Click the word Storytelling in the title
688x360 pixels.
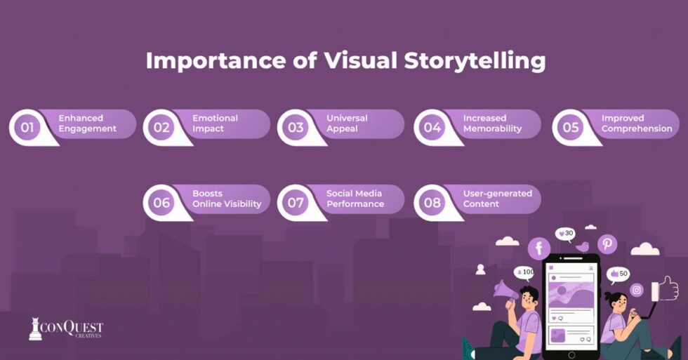coord(475,61)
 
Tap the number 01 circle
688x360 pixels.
coord(27,128)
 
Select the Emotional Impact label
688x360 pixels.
coord(215,124)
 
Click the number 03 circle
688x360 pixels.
coord(296,128)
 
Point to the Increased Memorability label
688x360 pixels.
coord(492,124)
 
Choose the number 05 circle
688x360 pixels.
coord(570,128)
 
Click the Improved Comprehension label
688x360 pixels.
coord(637,124)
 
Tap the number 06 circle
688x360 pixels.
coord(161,203)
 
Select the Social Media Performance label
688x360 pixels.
coord(355,199)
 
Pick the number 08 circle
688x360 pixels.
coord(432,203)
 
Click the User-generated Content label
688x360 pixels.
coord(498,199)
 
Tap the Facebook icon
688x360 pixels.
coord(539,248)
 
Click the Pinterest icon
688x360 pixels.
coord(607,244)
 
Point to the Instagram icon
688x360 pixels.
coord(637,290)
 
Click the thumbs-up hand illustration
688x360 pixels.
coord(666,289)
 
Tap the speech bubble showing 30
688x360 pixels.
coord(565,234)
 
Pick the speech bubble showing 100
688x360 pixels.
coord(524,273)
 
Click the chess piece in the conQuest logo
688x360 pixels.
coord(35,329)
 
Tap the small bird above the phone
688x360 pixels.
coord(582,247)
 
